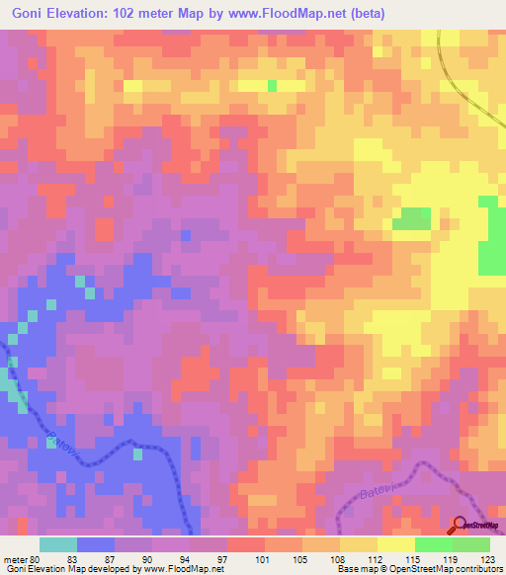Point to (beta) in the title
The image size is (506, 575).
363,13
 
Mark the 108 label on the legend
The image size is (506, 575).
340,559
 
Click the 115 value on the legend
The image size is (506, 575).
414,559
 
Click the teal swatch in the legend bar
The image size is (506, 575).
58,544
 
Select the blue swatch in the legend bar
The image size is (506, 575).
96,544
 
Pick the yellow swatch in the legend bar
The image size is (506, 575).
395,544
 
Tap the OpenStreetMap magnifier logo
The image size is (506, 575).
462,526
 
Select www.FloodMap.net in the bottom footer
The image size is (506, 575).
185,569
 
